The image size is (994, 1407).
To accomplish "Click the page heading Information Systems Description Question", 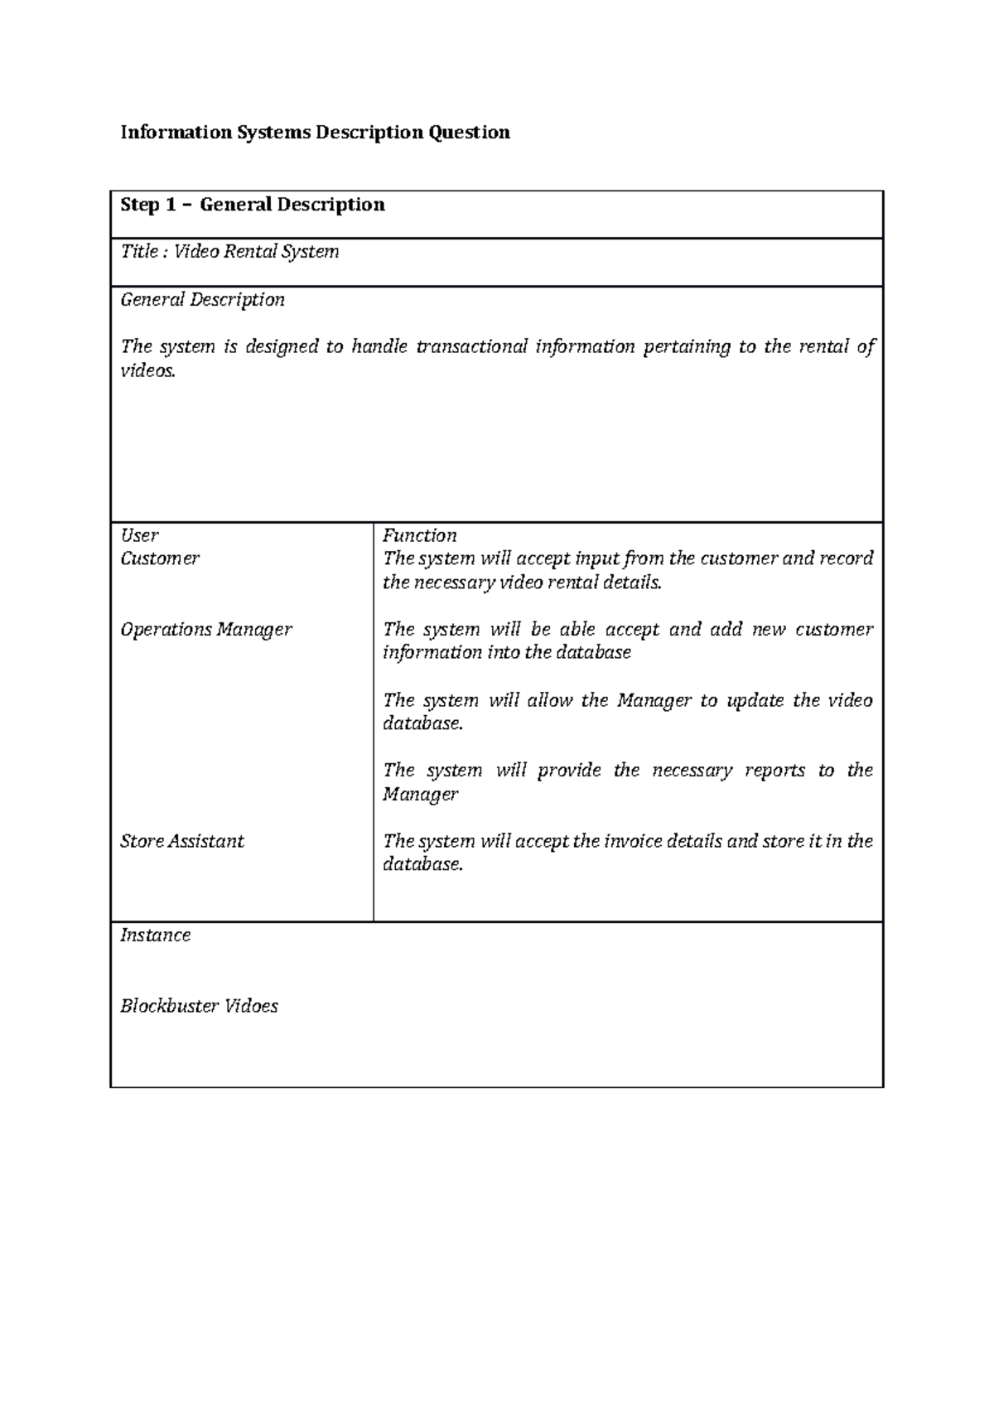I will [315, 133].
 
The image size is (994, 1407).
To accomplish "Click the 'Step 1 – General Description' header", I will [253, 205].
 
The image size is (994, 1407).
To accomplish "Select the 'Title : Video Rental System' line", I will [229, 252].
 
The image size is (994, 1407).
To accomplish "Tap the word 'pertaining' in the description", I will [687, 346].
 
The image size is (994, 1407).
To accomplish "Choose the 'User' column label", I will [139, 535].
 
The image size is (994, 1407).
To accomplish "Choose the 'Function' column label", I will [419, 535].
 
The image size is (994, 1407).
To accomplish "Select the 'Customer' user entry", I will [160, 558].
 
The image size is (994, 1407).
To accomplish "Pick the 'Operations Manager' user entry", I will [206, 630].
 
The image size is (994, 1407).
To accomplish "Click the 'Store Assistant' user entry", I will [182, 841].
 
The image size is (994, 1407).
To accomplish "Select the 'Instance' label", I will [155, 936].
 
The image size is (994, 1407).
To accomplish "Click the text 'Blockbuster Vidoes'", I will [199, 1006].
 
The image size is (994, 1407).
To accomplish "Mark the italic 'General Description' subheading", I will [202, 300].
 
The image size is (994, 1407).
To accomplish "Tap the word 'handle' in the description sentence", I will [379, 346].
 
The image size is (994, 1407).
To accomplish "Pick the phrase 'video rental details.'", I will [581, 583].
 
